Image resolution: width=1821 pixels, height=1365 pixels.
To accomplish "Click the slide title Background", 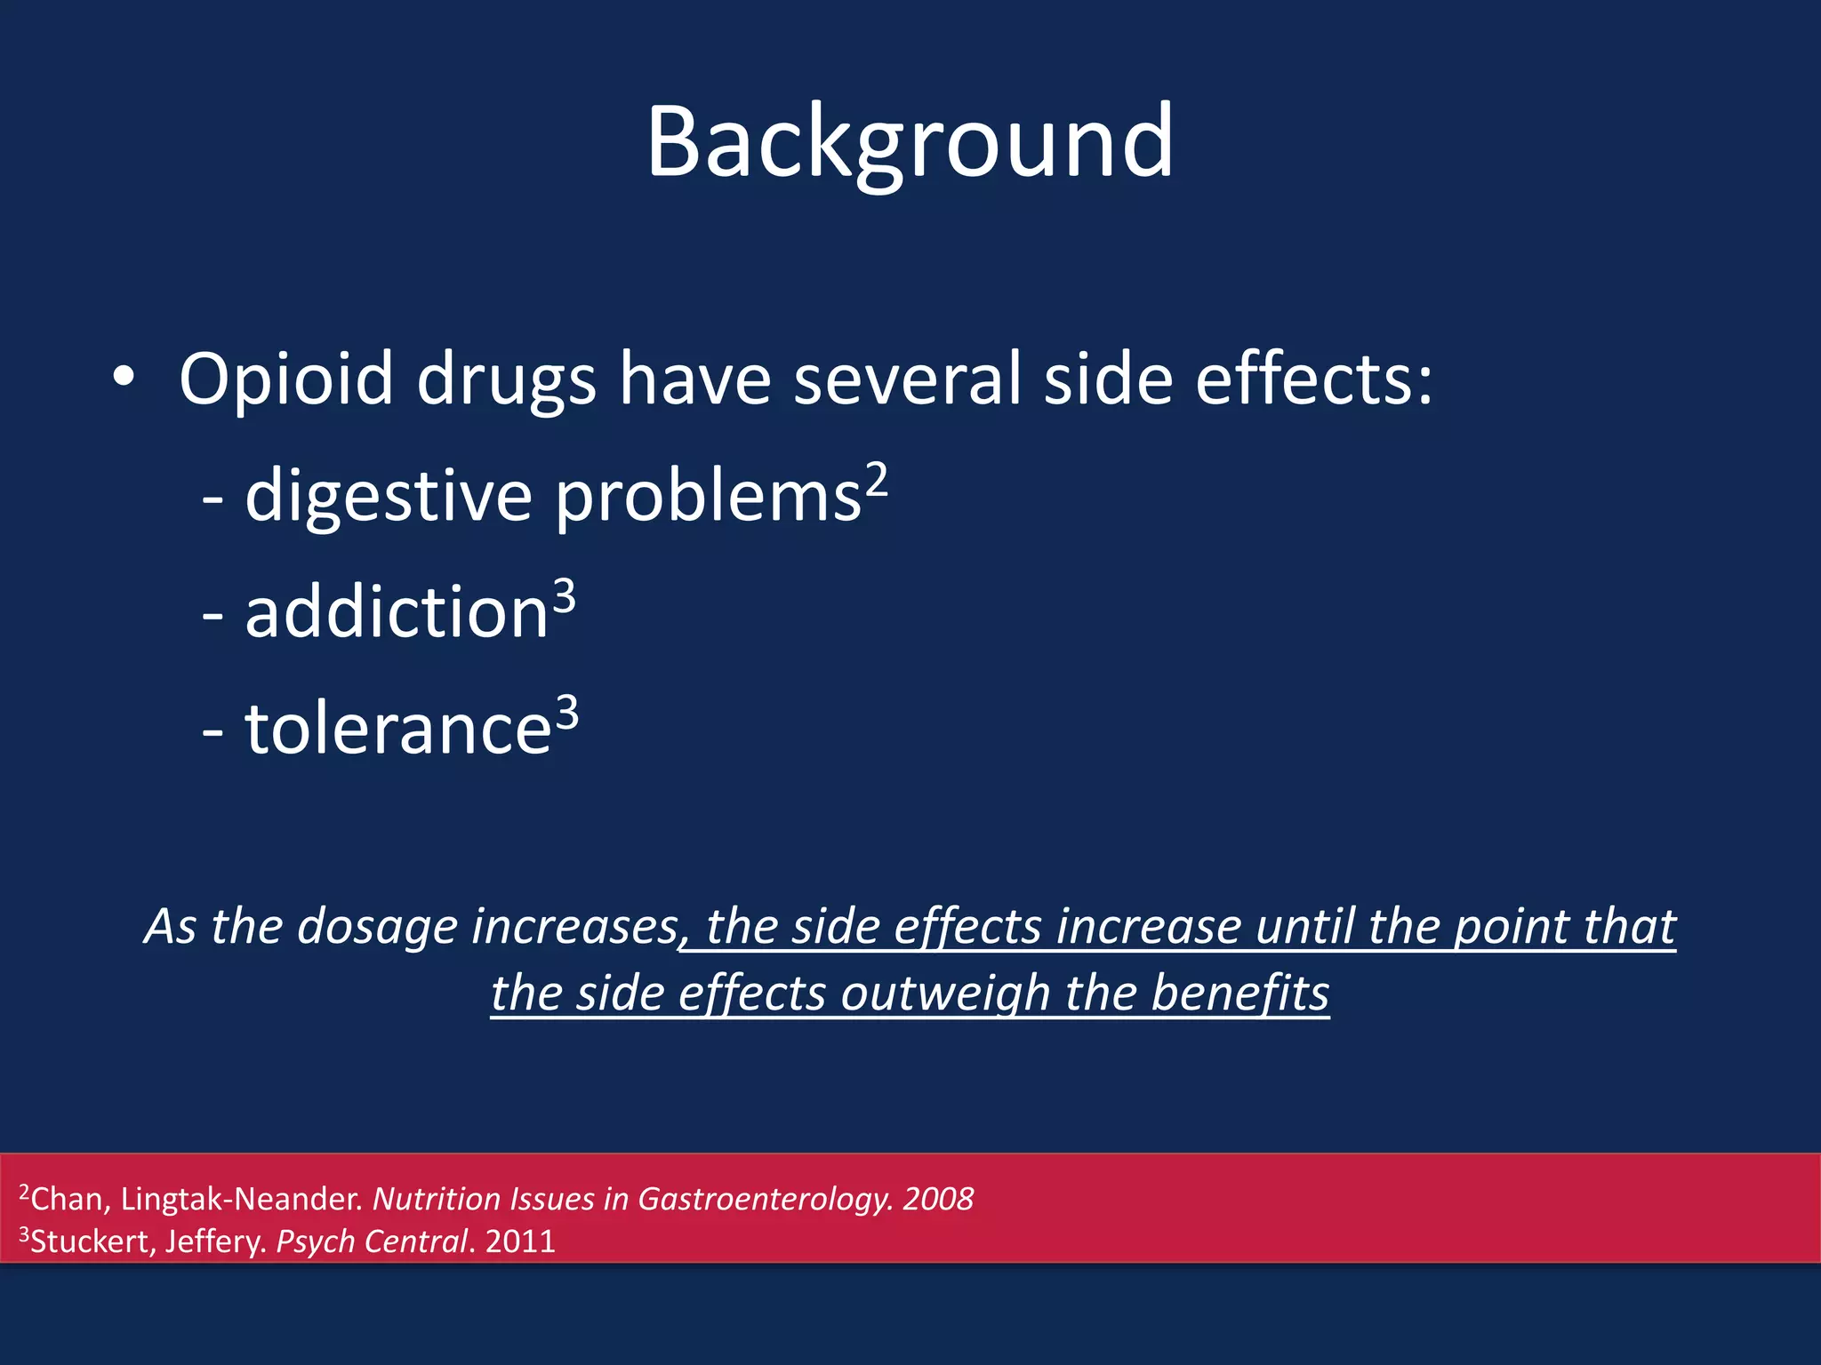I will (910, 142).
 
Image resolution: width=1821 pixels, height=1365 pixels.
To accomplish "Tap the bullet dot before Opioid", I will (124, 379).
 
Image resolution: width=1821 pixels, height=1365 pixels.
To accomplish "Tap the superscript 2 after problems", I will (877, 481).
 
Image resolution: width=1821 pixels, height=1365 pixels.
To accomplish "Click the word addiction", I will (397, 613).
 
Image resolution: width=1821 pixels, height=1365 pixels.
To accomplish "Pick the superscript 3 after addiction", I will (565, 597).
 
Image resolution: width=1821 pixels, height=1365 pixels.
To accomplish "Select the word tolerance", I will (398, 730).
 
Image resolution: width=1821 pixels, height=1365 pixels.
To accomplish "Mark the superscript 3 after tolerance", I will (567, 714).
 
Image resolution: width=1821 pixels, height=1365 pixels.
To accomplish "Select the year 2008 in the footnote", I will (938, 1200).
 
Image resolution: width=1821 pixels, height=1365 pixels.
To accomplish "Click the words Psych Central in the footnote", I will (372, 1241).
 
